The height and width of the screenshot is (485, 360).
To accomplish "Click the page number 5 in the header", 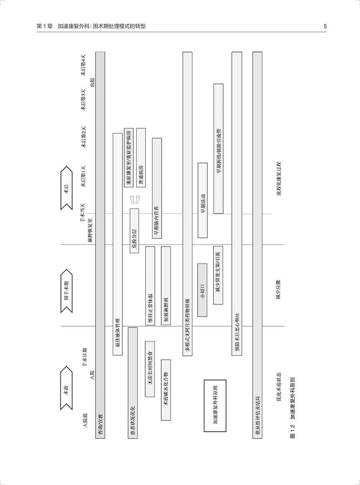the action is coord(325,26).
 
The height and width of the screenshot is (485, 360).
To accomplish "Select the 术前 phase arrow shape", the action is coord(66,388).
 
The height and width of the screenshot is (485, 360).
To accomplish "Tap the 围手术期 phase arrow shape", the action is coord(66,291).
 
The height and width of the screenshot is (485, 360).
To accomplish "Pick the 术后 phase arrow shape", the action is coord(66,188).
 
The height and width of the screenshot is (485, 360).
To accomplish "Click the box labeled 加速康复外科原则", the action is coord(215,406).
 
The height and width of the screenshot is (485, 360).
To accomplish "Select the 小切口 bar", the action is coord(202,290).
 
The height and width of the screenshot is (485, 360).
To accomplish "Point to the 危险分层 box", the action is coord(134,231).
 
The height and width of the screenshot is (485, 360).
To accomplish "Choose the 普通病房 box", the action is coord(141,158).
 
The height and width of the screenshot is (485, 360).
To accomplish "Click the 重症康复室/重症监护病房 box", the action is coord(129,158).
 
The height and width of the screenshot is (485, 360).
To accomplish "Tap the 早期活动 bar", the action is coord(203,200).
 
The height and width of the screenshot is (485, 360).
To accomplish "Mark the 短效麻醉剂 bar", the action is coord(166,286).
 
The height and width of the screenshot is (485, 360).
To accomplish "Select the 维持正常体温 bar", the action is coord(150,286).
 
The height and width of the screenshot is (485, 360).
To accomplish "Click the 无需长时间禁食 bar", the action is coord(150,369).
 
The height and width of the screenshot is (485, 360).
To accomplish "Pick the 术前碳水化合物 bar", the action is coord(166,390).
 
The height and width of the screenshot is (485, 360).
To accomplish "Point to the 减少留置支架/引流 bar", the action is coord(218,275).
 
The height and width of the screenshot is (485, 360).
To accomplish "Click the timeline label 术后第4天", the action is coord(83,65).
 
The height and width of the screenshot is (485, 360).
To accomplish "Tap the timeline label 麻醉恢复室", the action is coord(90,231).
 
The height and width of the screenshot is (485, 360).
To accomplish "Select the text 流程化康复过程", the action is coord(279,179).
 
